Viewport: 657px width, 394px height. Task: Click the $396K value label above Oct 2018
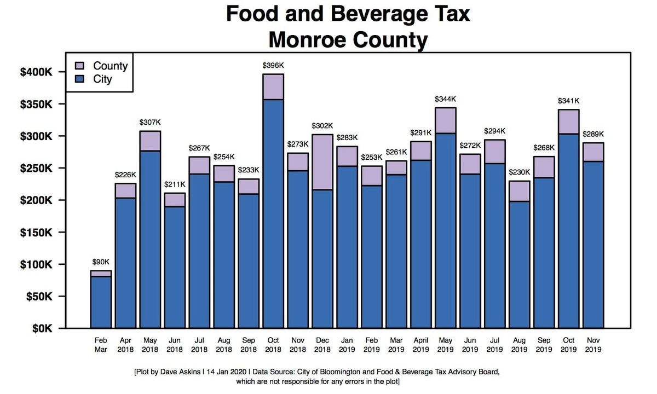coord(273,66)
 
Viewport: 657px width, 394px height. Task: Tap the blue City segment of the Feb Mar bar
coord(101,302)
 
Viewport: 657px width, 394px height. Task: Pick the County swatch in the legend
coord(80,66)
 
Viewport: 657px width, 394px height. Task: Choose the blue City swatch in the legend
coord(80,79)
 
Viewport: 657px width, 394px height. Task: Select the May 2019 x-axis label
coord(445,344)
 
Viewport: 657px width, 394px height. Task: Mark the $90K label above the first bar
coord(101,262)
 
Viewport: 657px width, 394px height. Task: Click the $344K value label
coord(445,99)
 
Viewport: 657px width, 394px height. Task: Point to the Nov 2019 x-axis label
coord(593,344)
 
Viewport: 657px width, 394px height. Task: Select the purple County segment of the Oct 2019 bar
coord(568,121)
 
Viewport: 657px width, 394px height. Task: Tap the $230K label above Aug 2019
coord(519,172)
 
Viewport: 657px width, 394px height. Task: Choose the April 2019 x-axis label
coord(420,344)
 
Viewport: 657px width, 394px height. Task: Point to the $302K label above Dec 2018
coord(322,126)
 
